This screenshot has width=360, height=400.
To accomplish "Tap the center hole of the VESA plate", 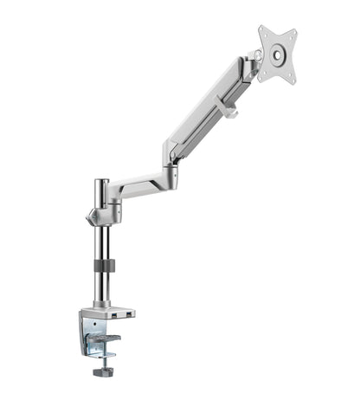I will click(x=277, y=54).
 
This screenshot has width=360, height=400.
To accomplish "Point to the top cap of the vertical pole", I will click(x=102, y=183).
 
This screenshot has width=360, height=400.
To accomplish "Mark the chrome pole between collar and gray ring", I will click(x=103, y=242).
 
